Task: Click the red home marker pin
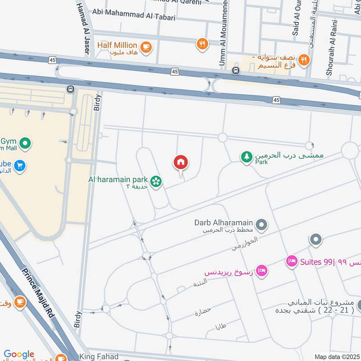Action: (180, 162)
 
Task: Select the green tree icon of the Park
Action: (246, 157)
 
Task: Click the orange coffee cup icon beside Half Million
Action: (145, 46)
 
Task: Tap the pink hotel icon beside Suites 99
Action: (292, 261)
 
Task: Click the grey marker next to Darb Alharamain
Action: (261, 224)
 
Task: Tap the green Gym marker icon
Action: (26, 144)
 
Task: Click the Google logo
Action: (19, 355)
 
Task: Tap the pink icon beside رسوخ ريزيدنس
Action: (261, 271)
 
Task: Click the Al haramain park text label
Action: (119, 179)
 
